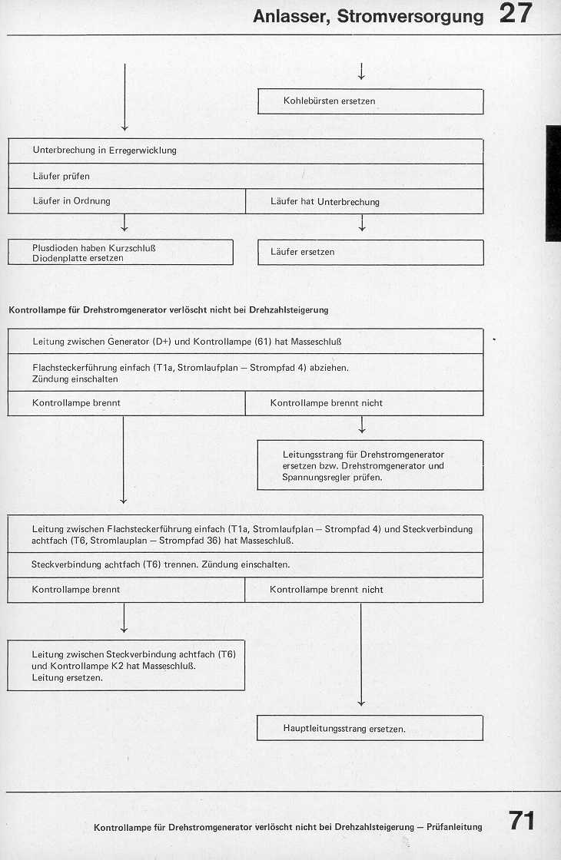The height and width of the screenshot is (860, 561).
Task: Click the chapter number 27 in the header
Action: coord(515,15)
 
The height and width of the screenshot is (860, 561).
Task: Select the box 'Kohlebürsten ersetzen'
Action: coord(370,101)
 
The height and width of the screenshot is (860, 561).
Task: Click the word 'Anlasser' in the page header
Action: coord(287,16)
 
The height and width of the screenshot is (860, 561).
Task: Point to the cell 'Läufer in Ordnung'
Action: coord(126,201)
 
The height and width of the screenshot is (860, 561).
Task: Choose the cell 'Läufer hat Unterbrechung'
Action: coord(364,202)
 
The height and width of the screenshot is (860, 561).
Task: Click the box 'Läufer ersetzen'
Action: coord(370,252)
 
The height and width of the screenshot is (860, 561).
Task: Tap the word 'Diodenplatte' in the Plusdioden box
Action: coord(58,258)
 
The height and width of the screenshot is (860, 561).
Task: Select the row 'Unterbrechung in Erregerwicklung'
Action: coord(245,150)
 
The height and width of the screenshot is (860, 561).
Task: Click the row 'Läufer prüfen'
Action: coord(245,176)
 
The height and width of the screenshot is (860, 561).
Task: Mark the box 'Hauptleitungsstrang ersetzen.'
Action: coord(370,728)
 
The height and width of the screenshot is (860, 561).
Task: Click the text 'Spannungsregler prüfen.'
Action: coord(332,477)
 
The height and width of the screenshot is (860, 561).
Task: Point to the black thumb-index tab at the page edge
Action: coord(553,183)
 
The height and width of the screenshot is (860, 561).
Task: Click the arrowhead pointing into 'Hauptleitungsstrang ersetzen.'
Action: coord(361,703)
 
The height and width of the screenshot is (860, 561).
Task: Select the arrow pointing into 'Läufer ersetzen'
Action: coord(361,226)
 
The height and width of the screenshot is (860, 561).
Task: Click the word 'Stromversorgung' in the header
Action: coord(407,16)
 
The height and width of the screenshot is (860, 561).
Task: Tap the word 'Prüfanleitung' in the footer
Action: coord(453,827)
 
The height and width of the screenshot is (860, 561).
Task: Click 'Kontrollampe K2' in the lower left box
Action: coord(85,666)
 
